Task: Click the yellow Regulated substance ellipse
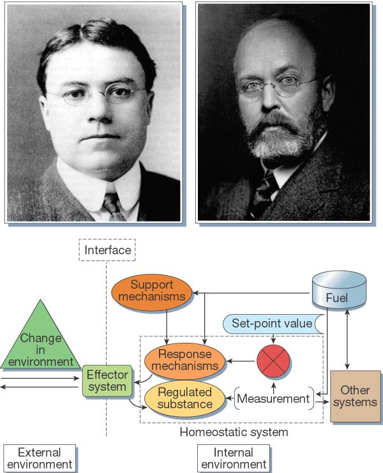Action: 185,398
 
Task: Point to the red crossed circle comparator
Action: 274,360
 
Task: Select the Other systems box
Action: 356,396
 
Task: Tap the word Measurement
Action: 273,398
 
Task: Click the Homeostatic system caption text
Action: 233,433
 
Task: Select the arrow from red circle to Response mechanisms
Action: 241,361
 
